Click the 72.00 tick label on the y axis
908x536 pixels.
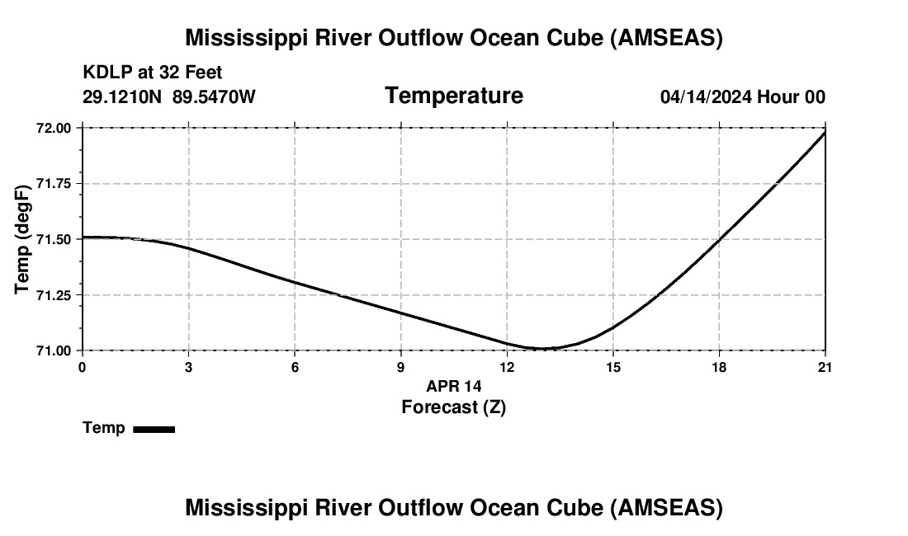click(x=54, y=128)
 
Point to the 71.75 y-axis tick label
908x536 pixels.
click(x=54, y=184)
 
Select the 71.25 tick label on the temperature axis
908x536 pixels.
click(x=54, y=295)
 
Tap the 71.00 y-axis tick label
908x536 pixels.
click(x=54, y=350)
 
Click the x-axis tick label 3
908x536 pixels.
click(x=188, y=367)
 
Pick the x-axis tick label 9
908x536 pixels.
click(x=401, y=367)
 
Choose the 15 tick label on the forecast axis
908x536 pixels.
click(x=612, y=367)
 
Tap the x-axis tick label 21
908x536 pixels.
click(x=825, y=367)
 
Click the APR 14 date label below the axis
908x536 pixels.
click(x=453, y=386)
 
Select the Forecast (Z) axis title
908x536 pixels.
click(x=453, y=407)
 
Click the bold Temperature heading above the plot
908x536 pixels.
click(x=453, y=96)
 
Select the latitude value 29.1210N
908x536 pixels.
click(x=123, y=96)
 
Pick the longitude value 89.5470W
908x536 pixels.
click(x=214, y=96)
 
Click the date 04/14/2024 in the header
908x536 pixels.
click(x=706, y=96)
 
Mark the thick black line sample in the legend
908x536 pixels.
click(x=154, y=429)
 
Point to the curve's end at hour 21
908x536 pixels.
click(x=825, y=132)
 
